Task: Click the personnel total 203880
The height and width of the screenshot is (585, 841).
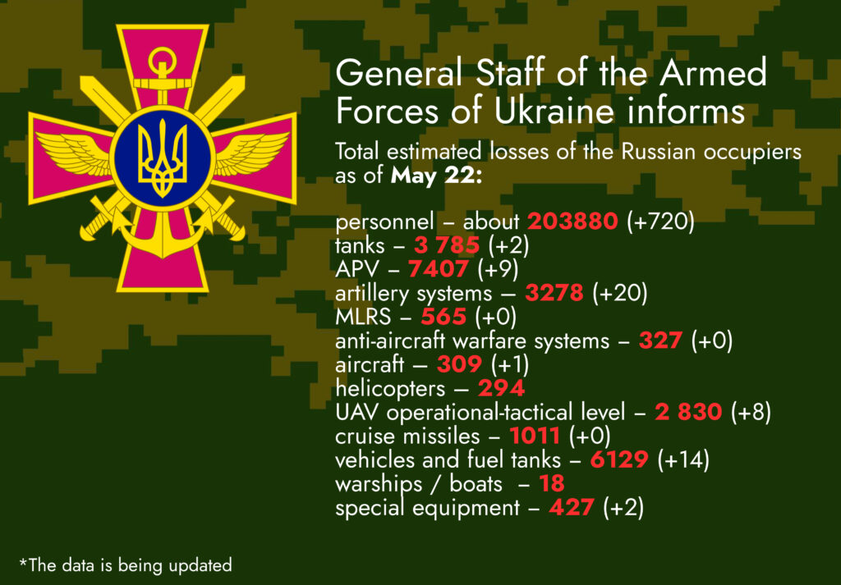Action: click(572, 222)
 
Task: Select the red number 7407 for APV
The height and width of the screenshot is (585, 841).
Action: click(439, 269)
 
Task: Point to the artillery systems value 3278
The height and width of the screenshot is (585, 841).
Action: click(554, 293)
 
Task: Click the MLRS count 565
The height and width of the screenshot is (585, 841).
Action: click(443, 318)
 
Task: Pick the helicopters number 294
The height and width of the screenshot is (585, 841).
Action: click(501, 389)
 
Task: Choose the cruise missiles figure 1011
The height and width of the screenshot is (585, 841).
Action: click(535, 436)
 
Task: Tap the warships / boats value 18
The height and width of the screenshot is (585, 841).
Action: click(552, 484)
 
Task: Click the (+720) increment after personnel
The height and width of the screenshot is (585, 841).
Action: click(661, 222)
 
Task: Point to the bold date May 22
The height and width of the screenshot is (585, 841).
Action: click(436, 176)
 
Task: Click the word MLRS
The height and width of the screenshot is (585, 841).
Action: click(363, 318)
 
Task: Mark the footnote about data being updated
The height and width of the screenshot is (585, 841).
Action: click(126, 564)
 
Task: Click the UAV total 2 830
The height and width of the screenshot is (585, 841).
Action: click(688, 413)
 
